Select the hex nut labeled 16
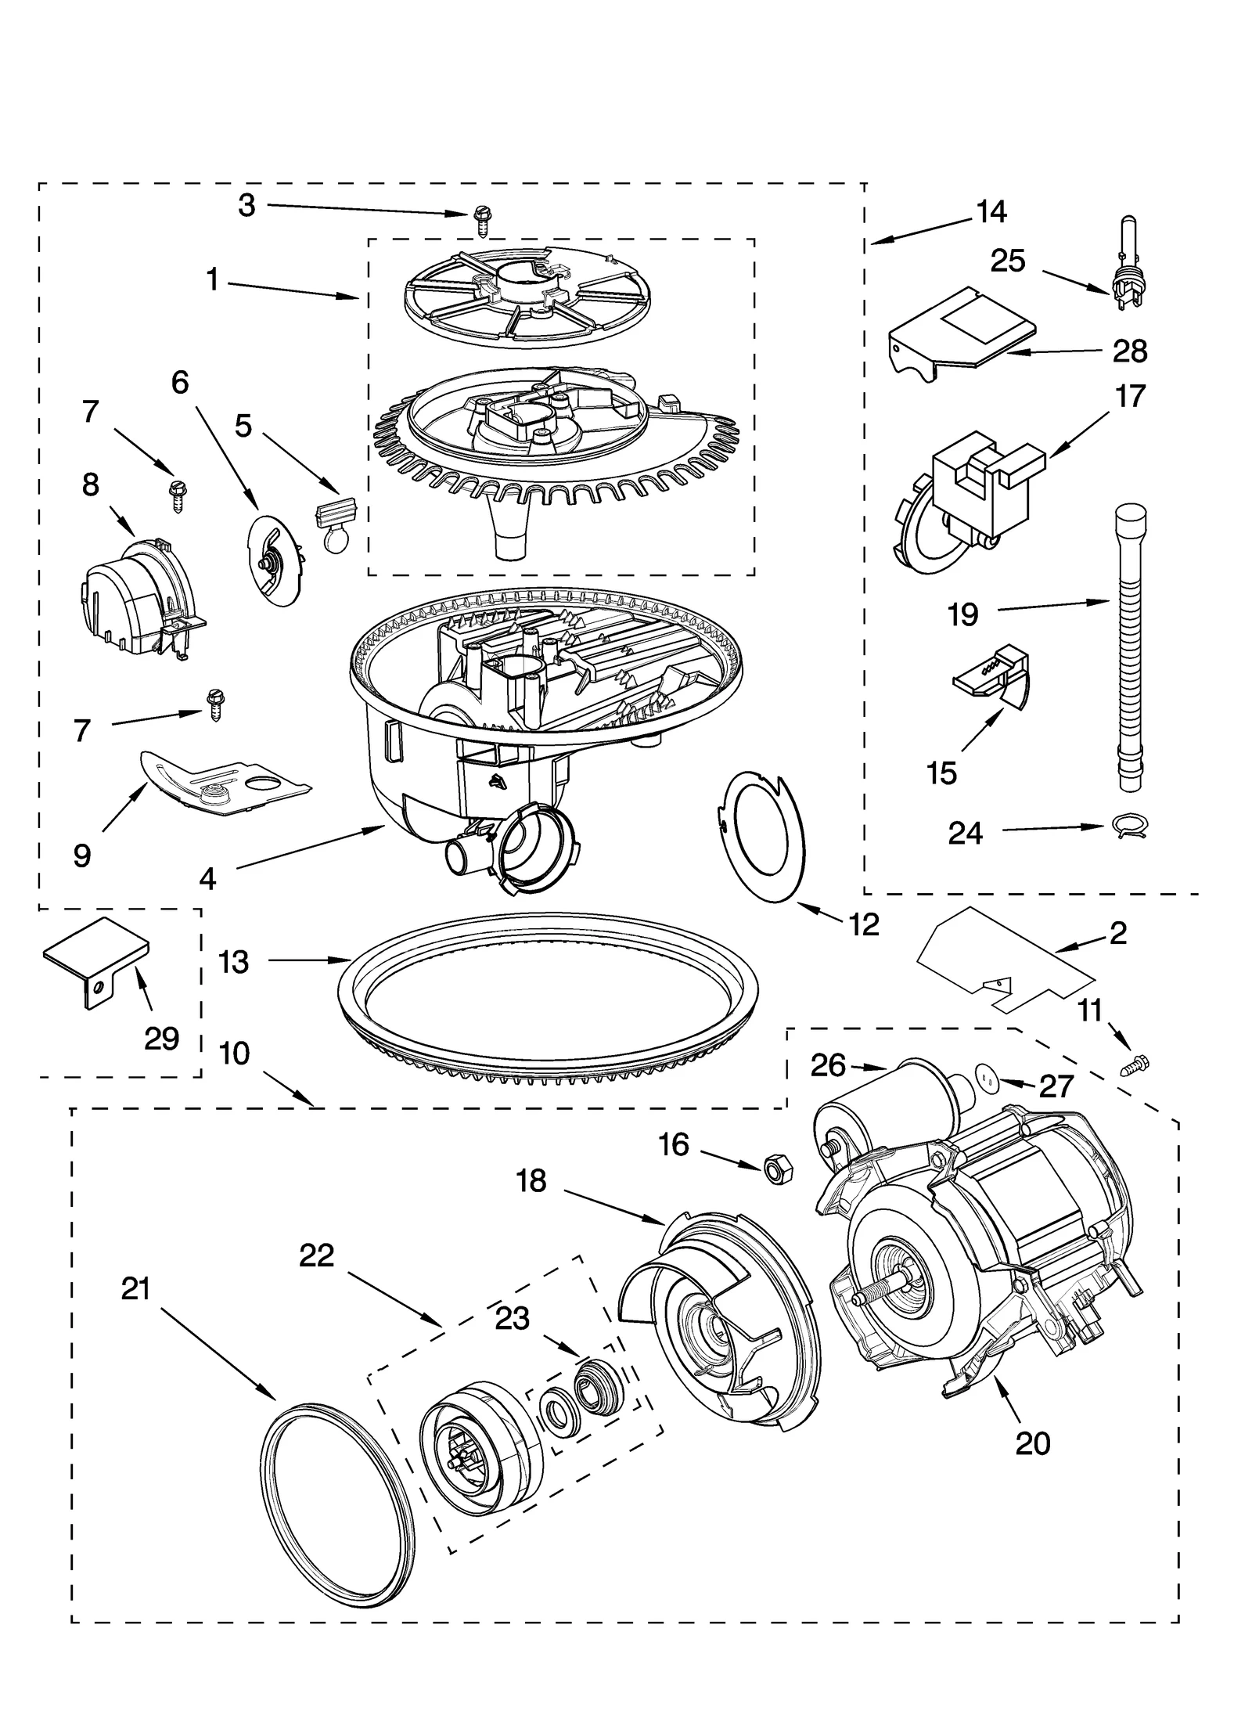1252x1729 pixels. pos(775,1169)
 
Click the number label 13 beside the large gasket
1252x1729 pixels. pos(234,961)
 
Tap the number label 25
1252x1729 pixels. pos(1008,261)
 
